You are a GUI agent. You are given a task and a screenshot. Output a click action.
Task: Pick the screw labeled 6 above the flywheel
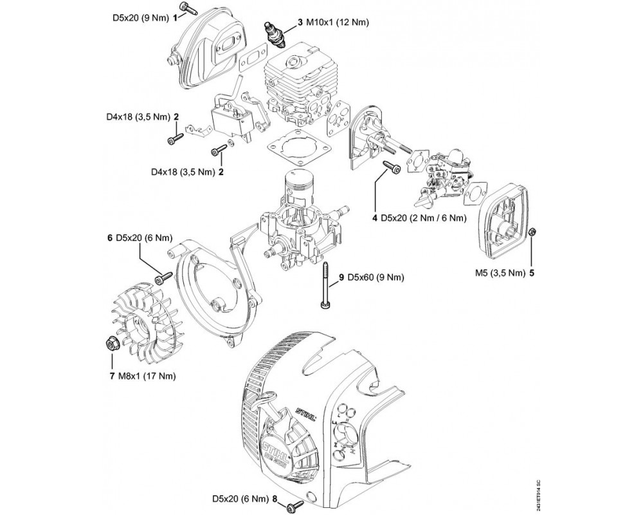(163, 277)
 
